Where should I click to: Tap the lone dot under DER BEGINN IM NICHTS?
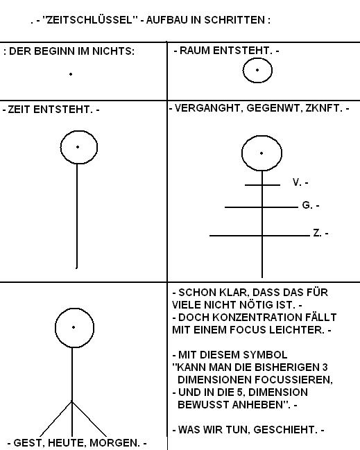point(71,74)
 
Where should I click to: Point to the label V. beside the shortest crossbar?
point(297,182)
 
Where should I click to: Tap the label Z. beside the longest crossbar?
point(317,233)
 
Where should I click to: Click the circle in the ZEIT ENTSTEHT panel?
point(60,147)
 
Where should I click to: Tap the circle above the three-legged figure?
point(55,328)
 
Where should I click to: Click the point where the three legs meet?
point(72,401)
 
